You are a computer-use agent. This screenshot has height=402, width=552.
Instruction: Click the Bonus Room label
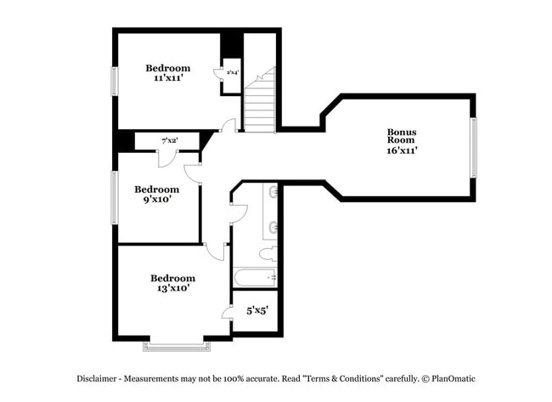coord(401,136)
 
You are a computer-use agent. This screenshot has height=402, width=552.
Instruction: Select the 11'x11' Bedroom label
coord(167,68)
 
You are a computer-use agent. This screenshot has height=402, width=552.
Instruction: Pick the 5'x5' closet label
coord(256,311)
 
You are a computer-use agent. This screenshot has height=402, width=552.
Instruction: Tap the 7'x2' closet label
coord(169,140)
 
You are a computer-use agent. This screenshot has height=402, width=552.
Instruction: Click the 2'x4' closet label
coord(232,73)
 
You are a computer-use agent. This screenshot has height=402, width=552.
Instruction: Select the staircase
coord(260,103)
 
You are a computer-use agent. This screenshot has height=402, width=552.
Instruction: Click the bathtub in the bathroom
coord(256,277)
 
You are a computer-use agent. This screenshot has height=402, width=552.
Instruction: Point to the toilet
coord(267,254)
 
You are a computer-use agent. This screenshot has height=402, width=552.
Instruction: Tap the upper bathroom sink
coord(273,192)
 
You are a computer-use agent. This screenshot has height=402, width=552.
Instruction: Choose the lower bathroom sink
coord(273,227)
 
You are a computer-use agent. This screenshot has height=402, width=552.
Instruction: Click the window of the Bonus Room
coord(474,147)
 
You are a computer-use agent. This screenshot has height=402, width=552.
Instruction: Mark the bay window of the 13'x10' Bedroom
coord(174,346)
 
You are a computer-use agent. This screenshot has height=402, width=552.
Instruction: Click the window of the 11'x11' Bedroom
coord(114,81)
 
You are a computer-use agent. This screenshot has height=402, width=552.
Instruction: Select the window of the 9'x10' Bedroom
coord(114,198)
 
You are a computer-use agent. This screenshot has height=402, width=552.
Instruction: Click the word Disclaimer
coord(101,377)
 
